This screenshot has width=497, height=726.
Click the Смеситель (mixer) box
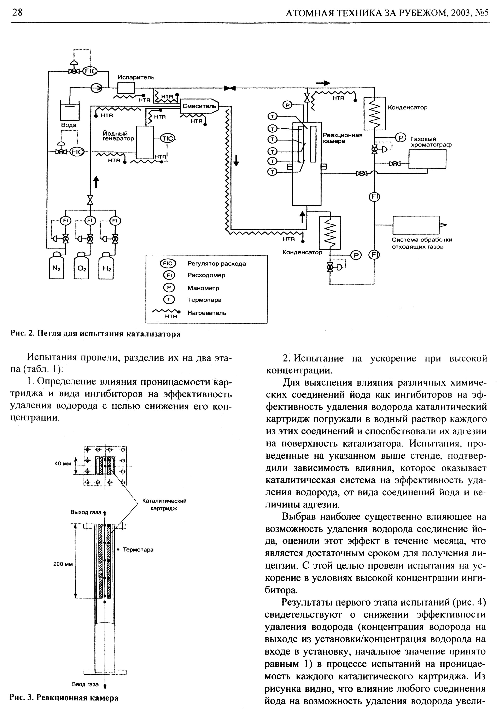click(x=199, y=106)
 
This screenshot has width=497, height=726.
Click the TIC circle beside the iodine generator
click(x=168, y=138)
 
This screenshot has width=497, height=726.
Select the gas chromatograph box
click(x=427, y=159)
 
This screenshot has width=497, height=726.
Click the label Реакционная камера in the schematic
click(x=342, y=138)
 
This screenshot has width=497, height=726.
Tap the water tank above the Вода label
click(x=69, y=112)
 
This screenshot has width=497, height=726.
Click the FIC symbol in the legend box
click(x=168, y=264)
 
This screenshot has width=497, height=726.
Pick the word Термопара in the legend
click(x=204, y=300)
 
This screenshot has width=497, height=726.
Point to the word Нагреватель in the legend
click(x=207, y=313)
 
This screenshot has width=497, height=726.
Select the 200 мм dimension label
click(x=63, y=564)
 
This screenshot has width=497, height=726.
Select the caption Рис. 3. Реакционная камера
click(x=64, y=698)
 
